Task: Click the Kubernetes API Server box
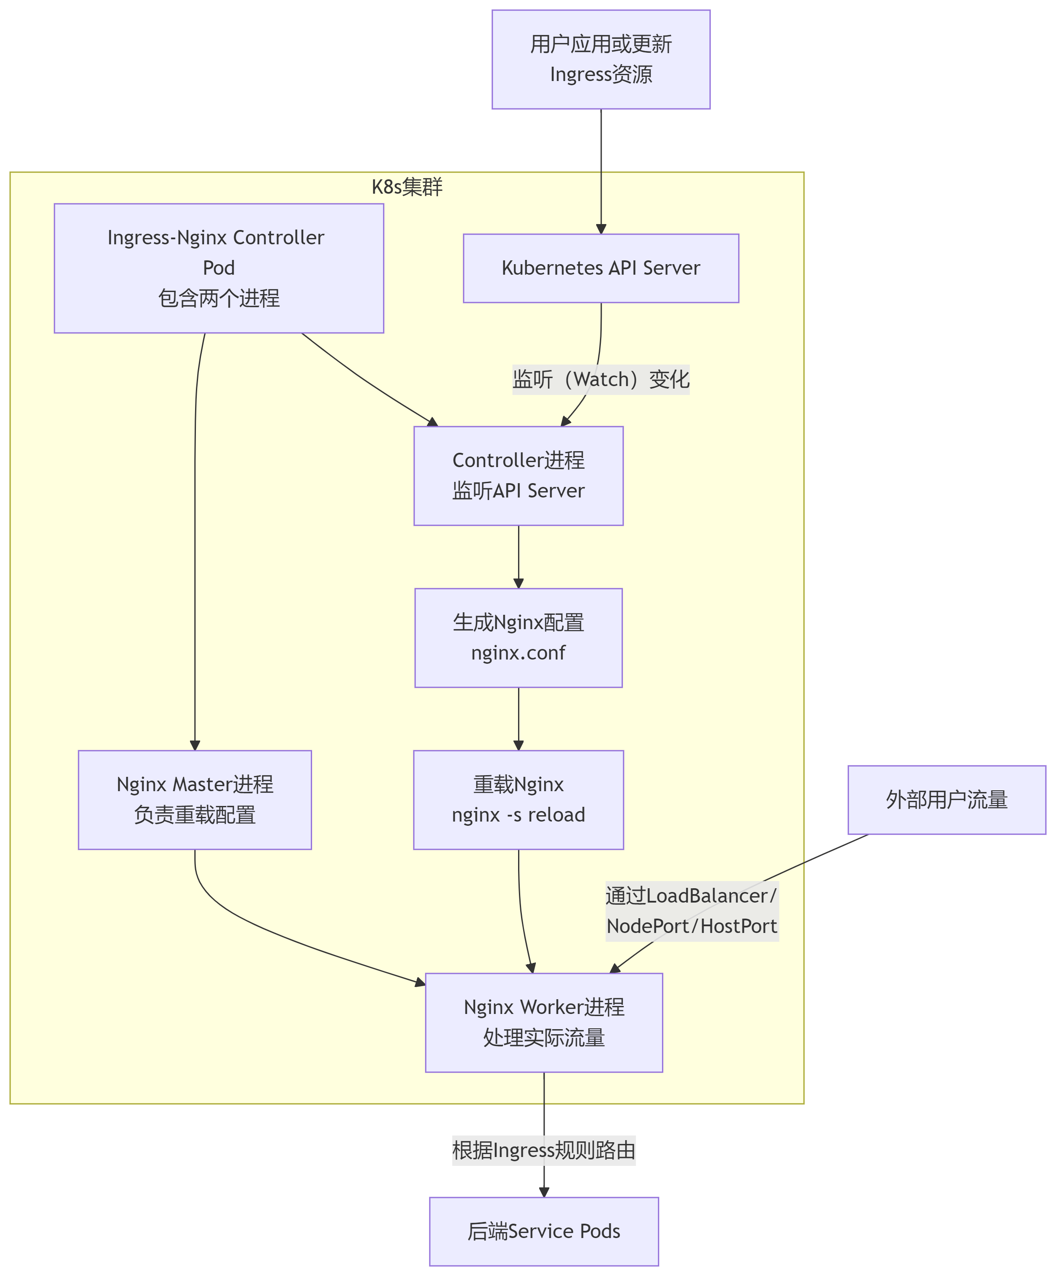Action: click(601, 268)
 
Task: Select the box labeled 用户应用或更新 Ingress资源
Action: click(601, 59)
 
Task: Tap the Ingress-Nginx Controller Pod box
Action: click(218, 268)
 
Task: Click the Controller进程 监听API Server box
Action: click(518, 476)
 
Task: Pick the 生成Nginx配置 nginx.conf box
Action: click(518, 638)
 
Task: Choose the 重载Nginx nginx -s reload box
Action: click(518, 800)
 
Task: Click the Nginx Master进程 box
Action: click(195, 800)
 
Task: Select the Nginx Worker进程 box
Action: click(543, 1023)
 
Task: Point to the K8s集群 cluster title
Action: click(407, 187)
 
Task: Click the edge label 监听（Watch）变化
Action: click(601, 379)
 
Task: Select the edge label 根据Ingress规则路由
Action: click(543, 1150)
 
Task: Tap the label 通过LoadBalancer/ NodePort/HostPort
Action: click(692, 911)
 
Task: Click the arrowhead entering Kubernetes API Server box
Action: click(601, 229)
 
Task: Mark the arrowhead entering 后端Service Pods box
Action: click(543, 1192)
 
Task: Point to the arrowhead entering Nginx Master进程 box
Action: click(195, 746)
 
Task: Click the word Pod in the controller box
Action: click(218, 268)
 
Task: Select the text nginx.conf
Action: click(518, 653)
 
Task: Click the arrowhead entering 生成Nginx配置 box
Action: click(518, 583)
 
